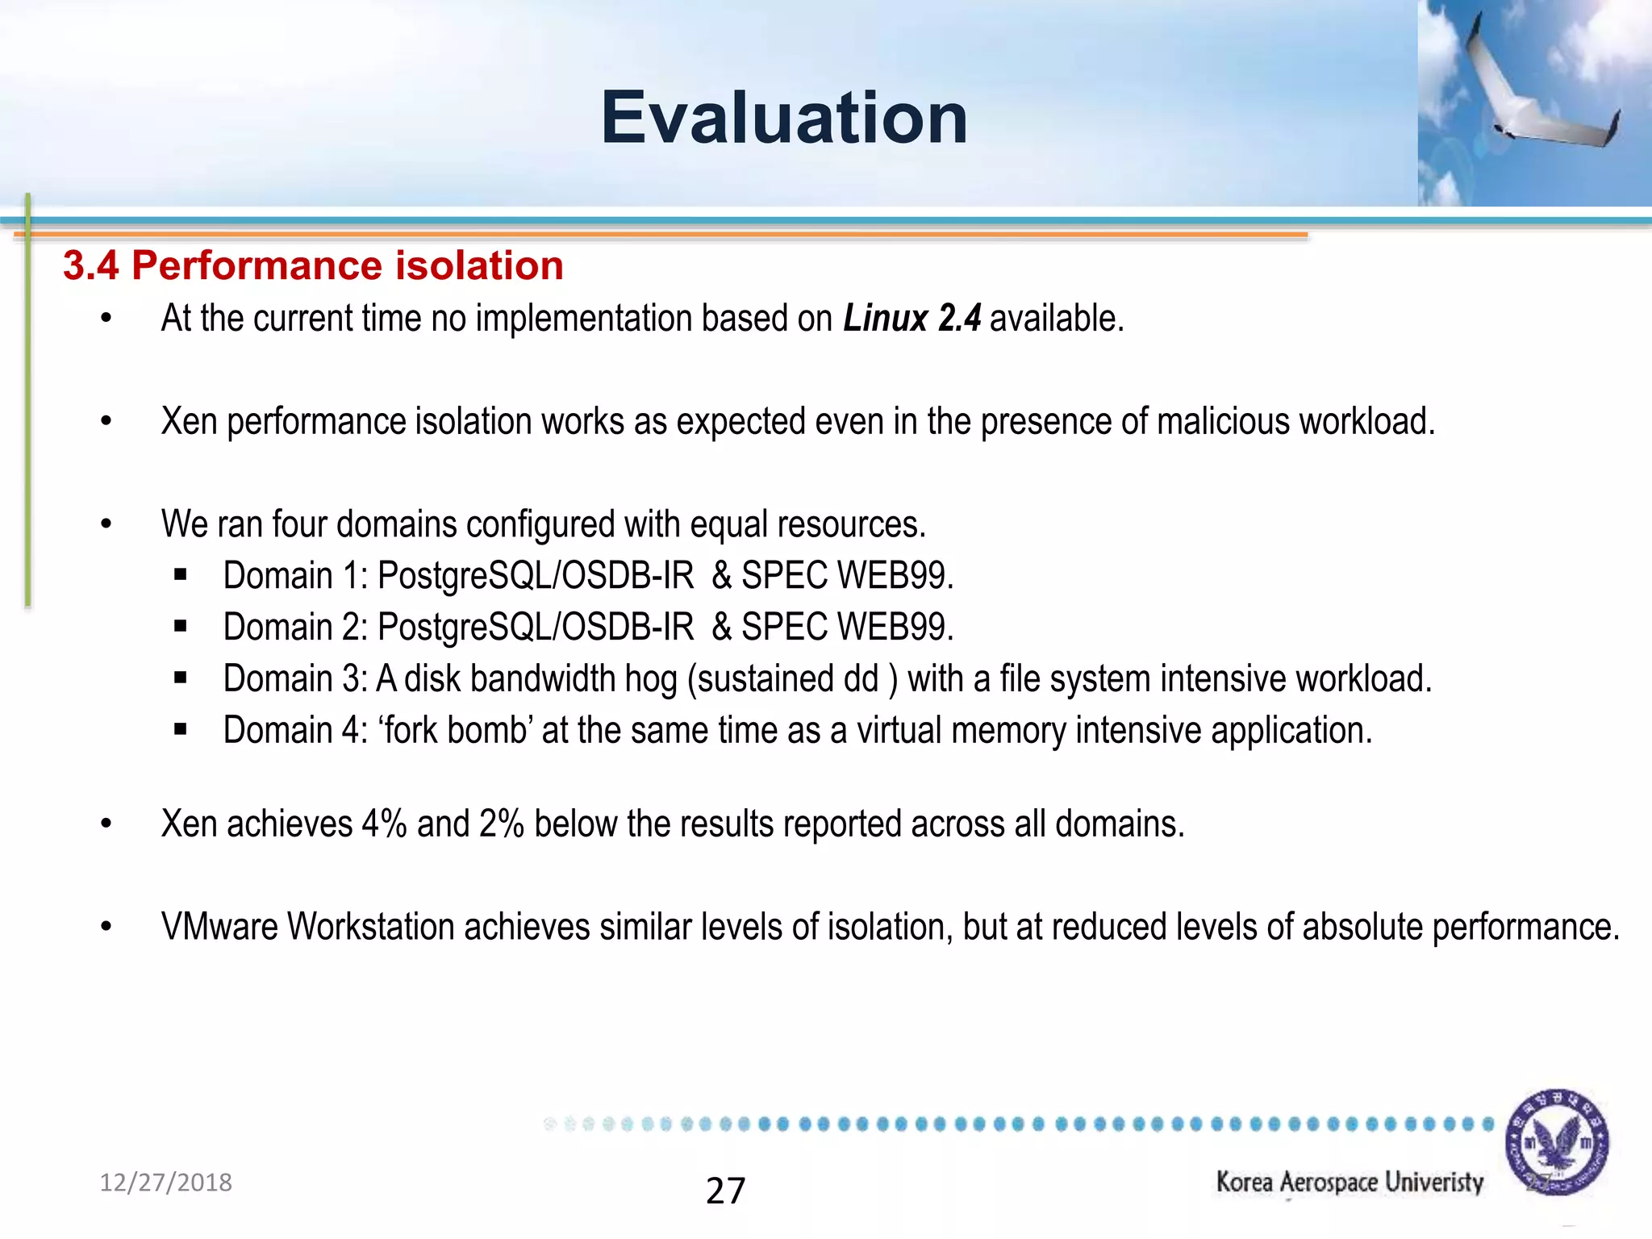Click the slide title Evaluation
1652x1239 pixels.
tap(784, 119)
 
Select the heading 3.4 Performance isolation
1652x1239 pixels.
tap(313, 265)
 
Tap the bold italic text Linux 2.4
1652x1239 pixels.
tap(912, 318)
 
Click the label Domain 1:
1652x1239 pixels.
tap(295, 576)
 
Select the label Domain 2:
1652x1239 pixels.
tap(295, 628)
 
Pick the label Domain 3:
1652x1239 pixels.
tap(295, 679)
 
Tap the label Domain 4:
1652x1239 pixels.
tap(295, 731)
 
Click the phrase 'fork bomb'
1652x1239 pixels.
tap(455, 731)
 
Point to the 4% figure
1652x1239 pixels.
tap(383, 824)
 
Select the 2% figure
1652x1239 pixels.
tap(501, 824)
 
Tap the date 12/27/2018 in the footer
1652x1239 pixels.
tap(165, 1183)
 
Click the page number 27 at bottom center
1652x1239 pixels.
tap(725, 1191)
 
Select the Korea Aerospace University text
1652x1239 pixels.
tap(1350, 1183)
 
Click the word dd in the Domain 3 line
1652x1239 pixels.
tap(861, 679)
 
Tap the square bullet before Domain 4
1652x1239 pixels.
tap(180, 731)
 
